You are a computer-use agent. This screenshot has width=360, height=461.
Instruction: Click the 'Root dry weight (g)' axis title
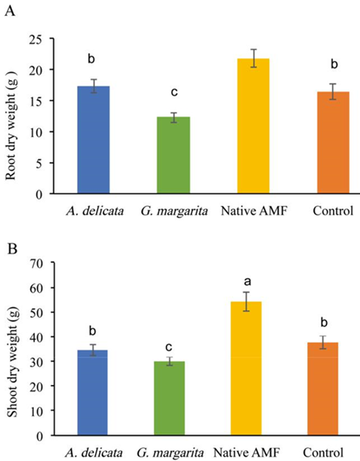tap(12, 116)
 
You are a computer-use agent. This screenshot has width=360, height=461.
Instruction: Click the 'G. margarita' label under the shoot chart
tap(171, 450)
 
